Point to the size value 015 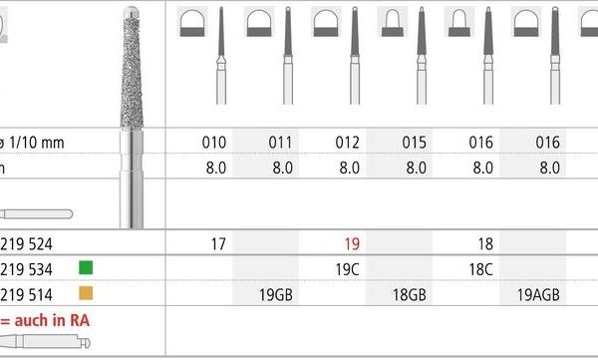pos(415,143)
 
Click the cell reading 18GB pos(415,295)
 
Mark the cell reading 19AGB pos(549,295)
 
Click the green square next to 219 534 pos(86,267)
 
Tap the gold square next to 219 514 pos(86,294)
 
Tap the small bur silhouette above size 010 pos(218,65)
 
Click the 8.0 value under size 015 pos(415,168)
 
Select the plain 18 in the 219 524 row pos(483,242)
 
